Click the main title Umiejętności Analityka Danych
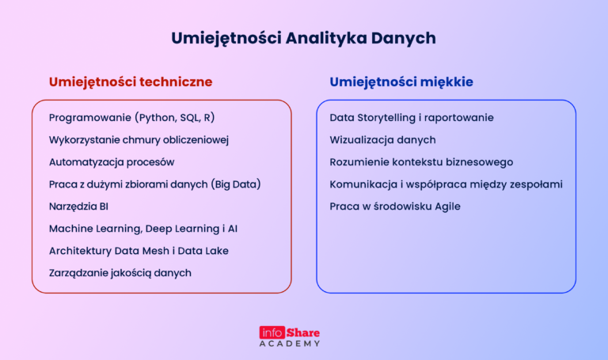303,38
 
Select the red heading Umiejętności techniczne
131,81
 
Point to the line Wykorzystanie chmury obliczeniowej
139,140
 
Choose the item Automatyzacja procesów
112,162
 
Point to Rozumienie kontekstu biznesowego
421,162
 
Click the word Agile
445,207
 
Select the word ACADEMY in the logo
290,344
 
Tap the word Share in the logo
303,332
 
